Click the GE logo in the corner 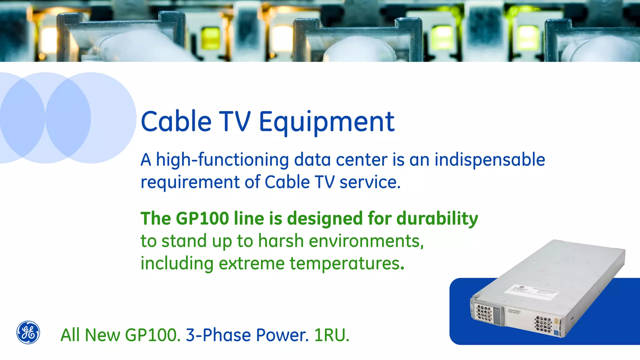click(x=28, y=332)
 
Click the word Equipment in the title click(x=327, y=122)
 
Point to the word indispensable click(x=490, y=160)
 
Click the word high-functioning click(x=222, y=160)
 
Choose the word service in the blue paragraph click(x=370, y=182)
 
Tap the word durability click(x=437, y=218)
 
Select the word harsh click(x=281, y=241)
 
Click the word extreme click(x=252, y=263)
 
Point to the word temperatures click(x=347, y=263)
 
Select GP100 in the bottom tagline click(x=152, y=335)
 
